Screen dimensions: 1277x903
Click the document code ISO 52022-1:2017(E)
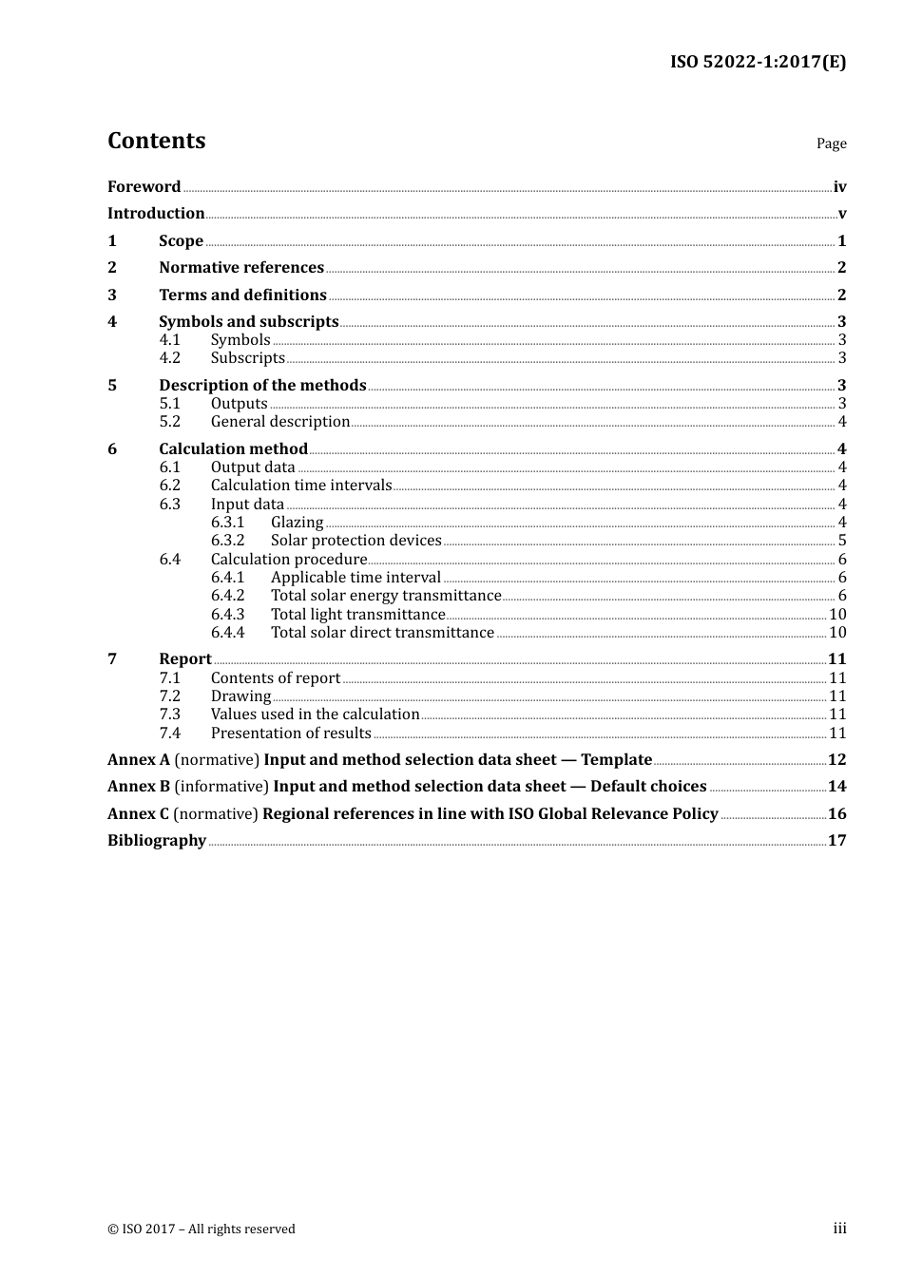click(758, 63)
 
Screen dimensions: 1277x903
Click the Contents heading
click(156, 141)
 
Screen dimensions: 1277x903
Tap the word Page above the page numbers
click(831, 143)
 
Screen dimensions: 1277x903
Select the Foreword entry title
click(144, 187)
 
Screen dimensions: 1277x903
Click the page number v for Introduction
click(841, 214)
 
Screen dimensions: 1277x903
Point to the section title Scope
click(181, 241)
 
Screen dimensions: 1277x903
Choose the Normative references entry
click(241, 268)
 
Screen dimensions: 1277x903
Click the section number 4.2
click(169, 358)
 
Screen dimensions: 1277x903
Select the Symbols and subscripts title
click(248, 322)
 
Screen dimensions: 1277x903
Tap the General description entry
click(280, 422)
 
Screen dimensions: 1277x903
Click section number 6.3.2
click(227, 541)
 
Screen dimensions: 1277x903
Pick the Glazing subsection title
click(297, 523)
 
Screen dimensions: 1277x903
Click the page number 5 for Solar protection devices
click(841, 541)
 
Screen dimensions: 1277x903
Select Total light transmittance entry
click(357, 615)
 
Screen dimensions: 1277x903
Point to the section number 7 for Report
click(112, 659)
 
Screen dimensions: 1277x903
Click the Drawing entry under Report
click(240, 696)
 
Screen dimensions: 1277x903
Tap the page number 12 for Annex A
click(836, 760)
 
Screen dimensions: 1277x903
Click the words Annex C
click(138, 814)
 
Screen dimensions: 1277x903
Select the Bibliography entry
click(157, 841)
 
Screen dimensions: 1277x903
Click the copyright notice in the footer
click(202, 1229)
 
